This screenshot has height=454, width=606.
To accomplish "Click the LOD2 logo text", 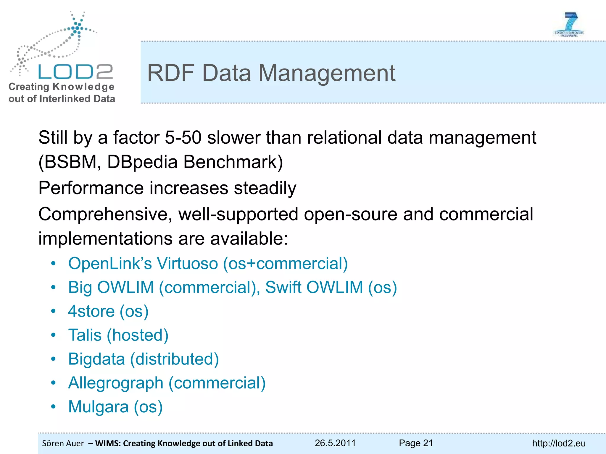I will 75,72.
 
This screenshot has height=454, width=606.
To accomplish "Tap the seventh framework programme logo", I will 569,25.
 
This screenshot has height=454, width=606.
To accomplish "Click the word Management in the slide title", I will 327,73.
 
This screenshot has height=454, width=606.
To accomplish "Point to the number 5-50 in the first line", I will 183,138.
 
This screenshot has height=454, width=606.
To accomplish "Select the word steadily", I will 265,188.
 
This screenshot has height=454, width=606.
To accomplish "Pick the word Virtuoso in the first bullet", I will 187,263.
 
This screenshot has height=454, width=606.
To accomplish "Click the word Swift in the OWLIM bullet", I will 284,287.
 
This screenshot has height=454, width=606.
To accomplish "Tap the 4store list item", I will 108,311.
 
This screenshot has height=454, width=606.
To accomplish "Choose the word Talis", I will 85,335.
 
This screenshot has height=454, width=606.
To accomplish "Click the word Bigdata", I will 96,359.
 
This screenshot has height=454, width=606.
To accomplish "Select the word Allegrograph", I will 116,383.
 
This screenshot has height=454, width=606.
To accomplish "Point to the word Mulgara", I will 98,407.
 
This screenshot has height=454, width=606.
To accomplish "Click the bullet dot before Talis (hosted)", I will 53,335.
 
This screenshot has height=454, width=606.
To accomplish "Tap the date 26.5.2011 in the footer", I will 335,443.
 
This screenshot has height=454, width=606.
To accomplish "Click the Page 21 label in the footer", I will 416,443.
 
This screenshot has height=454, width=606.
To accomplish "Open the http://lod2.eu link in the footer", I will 559,443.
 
